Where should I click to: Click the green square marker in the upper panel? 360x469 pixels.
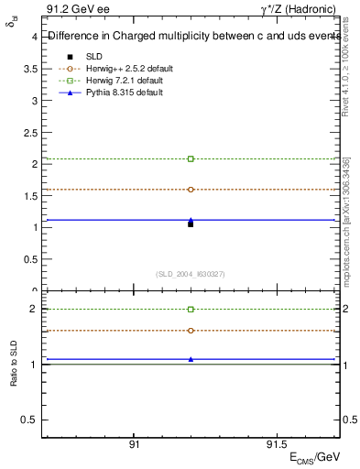tap(191, 158)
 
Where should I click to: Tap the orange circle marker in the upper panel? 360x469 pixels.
tap(191, 190)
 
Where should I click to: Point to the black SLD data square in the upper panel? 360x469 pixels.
tap(191, 224)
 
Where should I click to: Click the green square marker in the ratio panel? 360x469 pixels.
tap(191, 310)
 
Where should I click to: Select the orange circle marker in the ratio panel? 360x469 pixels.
tap(191, 330)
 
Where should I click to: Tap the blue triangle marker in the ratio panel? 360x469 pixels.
tap(191, 359)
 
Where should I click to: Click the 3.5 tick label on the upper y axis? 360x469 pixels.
tap(30, 69)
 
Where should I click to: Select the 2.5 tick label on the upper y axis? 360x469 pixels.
tap(30, 132)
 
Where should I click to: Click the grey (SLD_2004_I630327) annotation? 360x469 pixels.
tap(191, 274)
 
